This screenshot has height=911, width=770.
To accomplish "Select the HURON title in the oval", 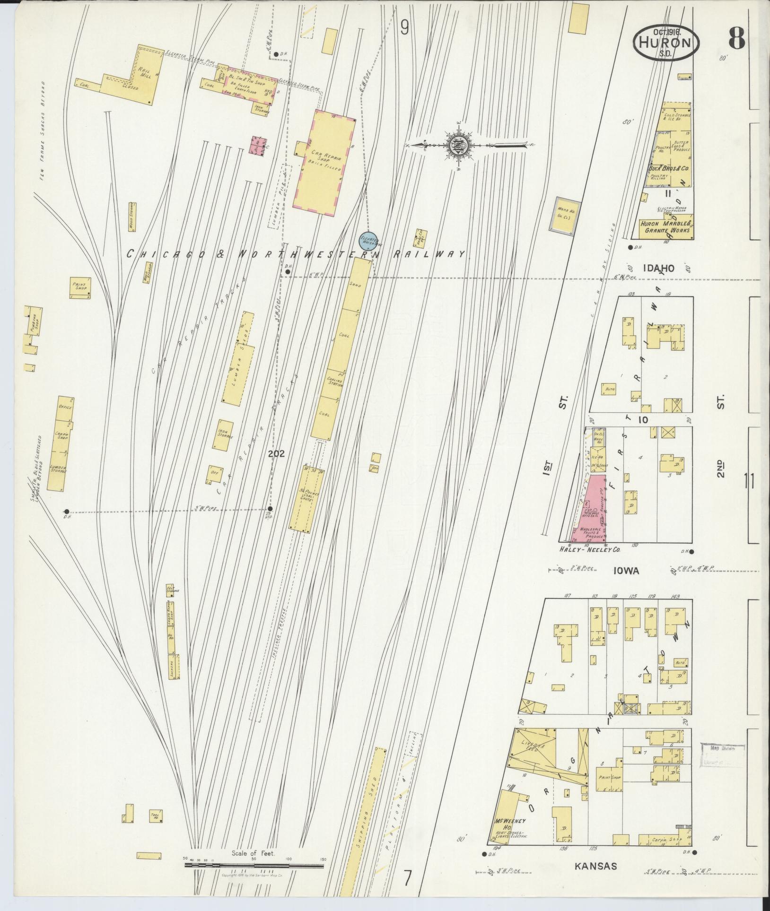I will [665, 43].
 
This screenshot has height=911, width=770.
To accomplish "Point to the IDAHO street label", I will [658, 269].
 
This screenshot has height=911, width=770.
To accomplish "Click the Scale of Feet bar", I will [254, 866].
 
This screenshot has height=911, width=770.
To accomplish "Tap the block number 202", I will [276, 454].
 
